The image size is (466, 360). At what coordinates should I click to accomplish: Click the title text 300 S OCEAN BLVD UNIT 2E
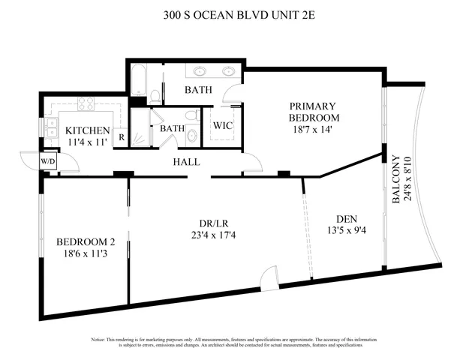click(233, 13)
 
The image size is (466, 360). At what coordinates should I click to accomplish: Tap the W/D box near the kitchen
click(47, 160)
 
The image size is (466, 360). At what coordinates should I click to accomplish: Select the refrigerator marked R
click(121, 138)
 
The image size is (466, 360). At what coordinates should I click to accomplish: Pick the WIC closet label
click(223, 125)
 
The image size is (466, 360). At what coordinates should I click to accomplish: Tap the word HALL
click(186, 162)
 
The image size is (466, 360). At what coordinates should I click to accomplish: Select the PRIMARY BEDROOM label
click(314, 112)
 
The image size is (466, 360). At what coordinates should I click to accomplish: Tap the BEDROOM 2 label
click(86, 242)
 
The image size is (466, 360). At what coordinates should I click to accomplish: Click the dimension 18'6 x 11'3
click(86, 255)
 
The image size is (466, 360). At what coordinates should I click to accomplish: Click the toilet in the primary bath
click(155, 95)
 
